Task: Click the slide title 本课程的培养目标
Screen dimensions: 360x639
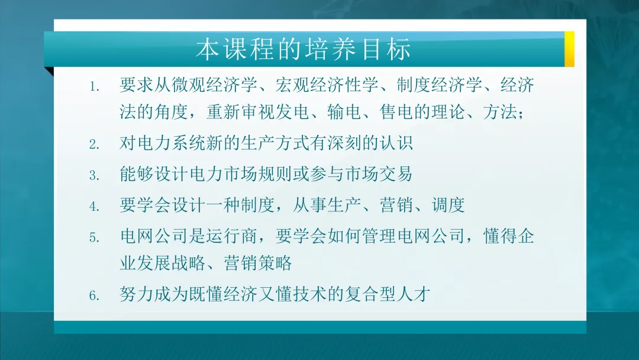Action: click(x=303, y=50)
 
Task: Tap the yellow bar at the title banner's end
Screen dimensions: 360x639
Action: click(x=569, y=49)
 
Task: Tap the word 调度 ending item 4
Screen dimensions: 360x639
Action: click(x=448, y=205)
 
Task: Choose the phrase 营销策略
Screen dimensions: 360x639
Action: click(x=258, y=263)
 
